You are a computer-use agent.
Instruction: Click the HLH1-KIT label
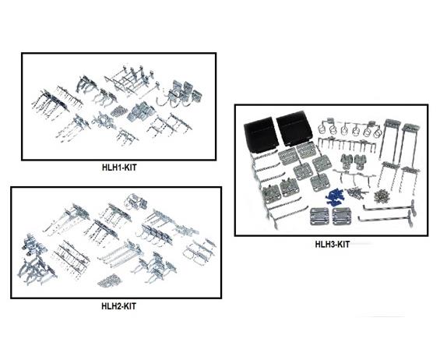pos(119,168)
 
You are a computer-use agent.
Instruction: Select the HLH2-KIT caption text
pos(118,305)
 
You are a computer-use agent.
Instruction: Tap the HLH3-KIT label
pos(333,245)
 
